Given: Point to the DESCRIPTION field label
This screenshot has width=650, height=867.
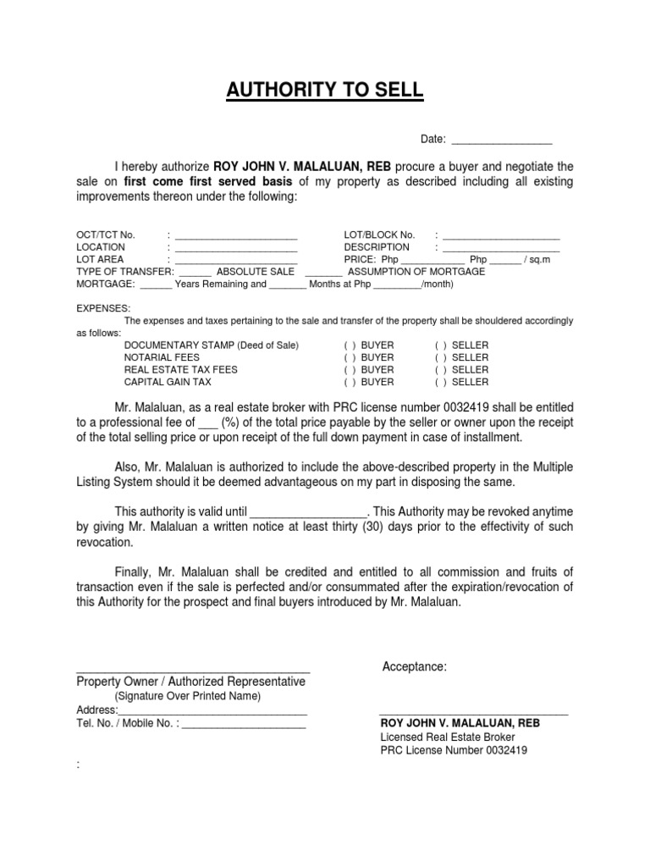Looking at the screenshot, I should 377,246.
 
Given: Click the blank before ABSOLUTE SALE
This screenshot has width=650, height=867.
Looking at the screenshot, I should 195,273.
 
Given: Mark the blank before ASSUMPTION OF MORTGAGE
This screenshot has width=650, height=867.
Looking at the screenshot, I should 323,273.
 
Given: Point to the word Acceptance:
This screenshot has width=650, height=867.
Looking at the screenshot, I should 415,667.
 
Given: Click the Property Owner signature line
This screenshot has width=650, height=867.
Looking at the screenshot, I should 193,671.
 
